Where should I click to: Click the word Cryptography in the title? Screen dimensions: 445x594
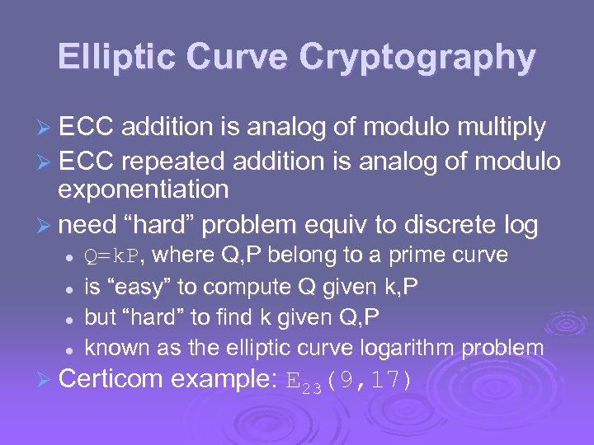pyautogui.click(x=417, y=58)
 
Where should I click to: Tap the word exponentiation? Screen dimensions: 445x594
pyautogui.click(x=143, y=190)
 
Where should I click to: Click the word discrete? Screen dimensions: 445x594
pyautogui.click(x=442, y=224)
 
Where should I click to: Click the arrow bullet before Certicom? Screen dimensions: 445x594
pyautogui.click(x=46, y=380)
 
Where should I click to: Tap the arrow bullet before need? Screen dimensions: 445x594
pyautogui.click(x=46, y=225)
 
